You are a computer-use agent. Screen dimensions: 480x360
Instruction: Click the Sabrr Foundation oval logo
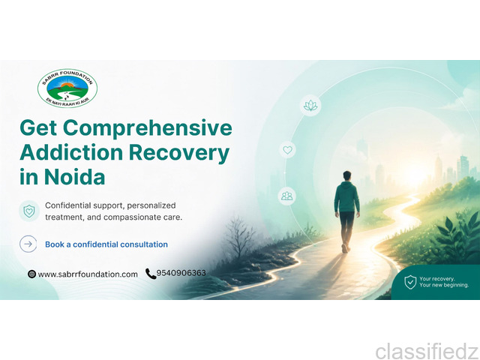67,88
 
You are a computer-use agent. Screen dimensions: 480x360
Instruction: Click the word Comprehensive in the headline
148,128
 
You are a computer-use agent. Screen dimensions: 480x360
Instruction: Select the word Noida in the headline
75,177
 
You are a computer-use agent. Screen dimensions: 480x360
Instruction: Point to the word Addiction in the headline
71,152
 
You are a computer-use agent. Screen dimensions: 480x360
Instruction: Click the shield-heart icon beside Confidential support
29,211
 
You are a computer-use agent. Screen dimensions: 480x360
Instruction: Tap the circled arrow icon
28,244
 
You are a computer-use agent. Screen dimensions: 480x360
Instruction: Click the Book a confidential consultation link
106,244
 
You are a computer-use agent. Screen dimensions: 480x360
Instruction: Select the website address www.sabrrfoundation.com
88,274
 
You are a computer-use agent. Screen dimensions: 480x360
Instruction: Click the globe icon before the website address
31,274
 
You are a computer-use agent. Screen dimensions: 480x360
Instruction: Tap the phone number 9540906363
181,273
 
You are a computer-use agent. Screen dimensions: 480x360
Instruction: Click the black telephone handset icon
151,274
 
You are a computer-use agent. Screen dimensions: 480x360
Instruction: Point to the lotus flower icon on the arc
310,106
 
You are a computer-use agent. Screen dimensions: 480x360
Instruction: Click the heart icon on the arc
287,150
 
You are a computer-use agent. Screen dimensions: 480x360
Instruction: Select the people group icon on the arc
286,196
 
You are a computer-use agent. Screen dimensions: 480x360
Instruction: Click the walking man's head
346,176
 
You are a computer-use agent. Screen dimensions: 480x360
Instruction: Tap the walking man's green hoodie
346,196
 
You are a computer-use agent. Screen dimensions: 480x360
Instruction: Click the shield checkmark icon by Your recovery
410,282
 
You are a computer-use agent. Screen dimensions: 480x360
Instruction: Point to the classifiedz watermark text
427,351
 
